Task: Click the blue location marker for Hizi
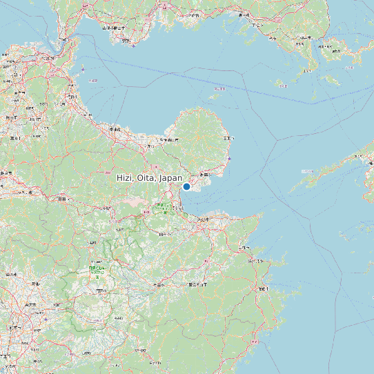click(186, 186)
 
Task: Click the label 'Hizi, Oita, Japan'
click(149, 178)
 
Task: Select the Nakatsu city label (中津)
click(115, 129)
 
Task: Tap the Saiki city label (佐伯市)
click(264, 288)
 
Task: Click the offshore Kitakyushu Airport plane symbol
click(83, 70)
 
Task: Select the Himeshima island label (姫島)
click(219, 89)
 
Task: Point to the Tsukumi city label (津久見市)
click(257, 262)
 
